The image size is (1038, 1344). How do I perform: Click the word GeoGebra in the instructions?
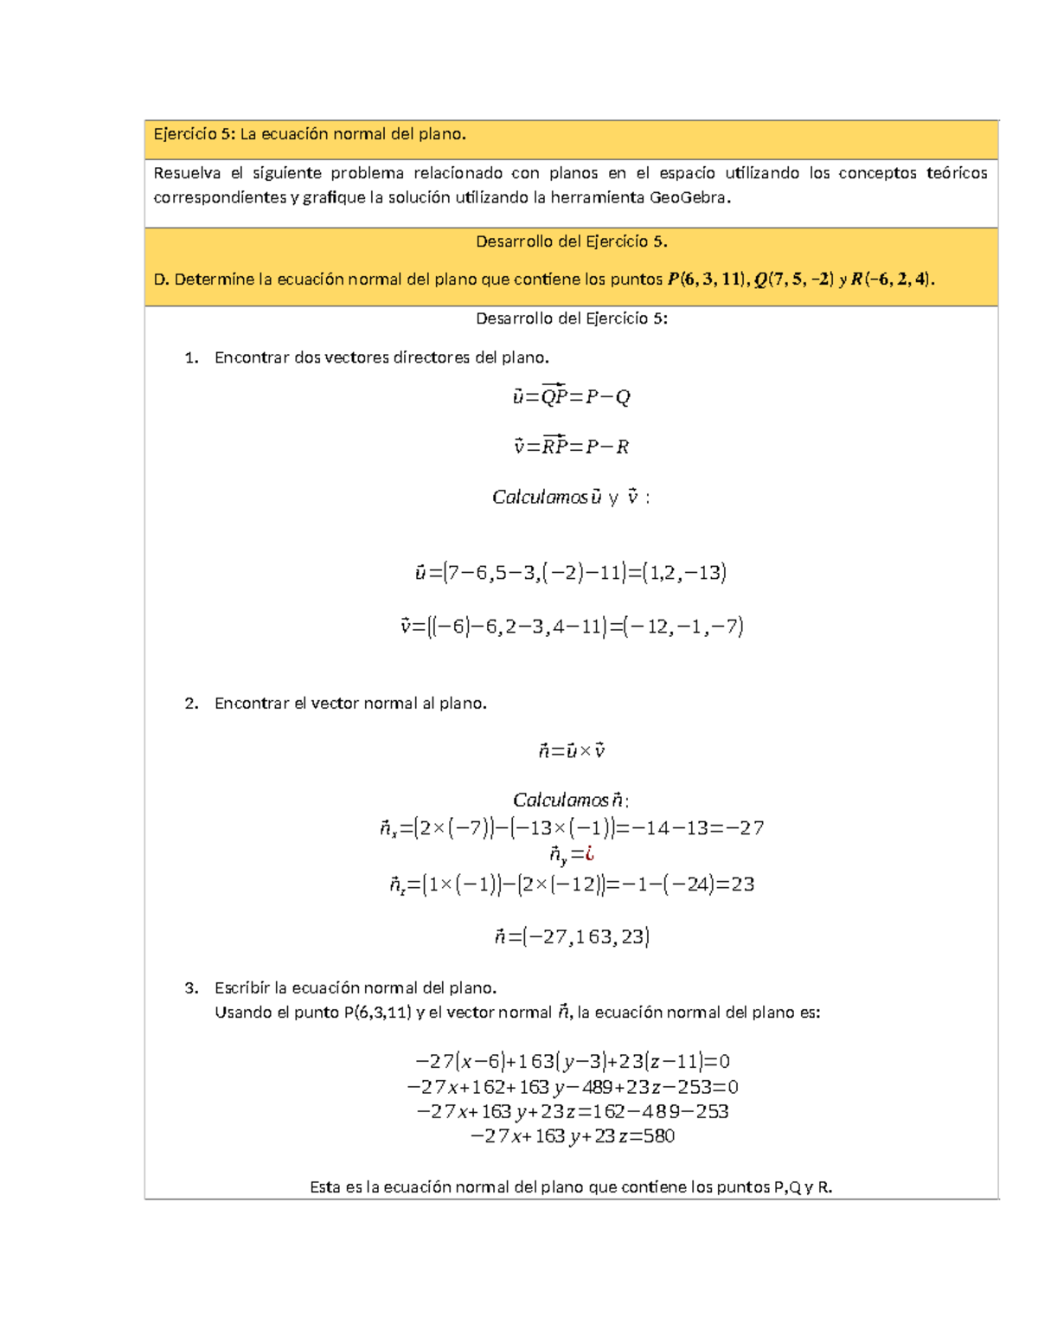pyautogui.click(x=689, y=197)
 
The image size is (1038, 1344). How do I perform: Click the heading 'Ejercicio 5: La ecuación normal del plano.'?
pyautogui.click(x=310, y=134)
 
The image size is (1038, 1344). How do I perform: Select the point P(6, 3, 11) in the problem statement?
pyautogui.click(x=706, y=279)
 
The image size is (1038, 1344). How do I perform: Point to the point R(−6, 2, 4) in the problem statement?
pyautogui.click(x=892, y=279)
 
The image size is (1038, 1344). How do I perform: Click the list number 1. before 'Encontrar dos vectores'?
pyautogui.click(x=191, y=357)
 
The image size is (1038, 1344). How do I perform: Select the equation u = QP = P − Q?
pyautogui.click(x=571, y=396)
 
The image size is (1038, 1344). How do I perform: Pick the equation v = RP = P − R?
pyautogui.click(x=571, y=447)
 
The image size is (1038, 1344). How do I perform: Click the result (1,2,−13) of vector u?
pyautogui.click(x=684, y=573)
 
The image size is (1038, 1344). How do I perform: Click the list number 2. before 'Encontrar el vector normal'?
pyautogui.click(x=191, y=704)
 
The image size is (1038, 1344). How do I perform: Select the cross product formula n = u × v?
pyautogui.click(x=571, y=751)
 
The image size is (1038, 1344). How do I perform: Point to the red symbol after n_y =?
pyautogui.click(x=589, y=854)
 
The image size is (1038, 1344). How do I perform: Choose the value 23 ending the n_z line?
pyautogui.click(x=742, y=884)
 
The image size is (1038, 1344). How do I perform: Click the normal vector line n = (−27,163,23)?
pyautogui.click(x=571, y=936)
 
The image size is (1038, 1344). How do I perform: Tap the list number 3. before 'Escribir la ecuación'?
pyautogui.click(x=191, y=988)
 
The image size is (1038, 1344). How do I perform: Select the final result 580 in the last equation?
pyautogui.click(x=658, y=1136)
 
